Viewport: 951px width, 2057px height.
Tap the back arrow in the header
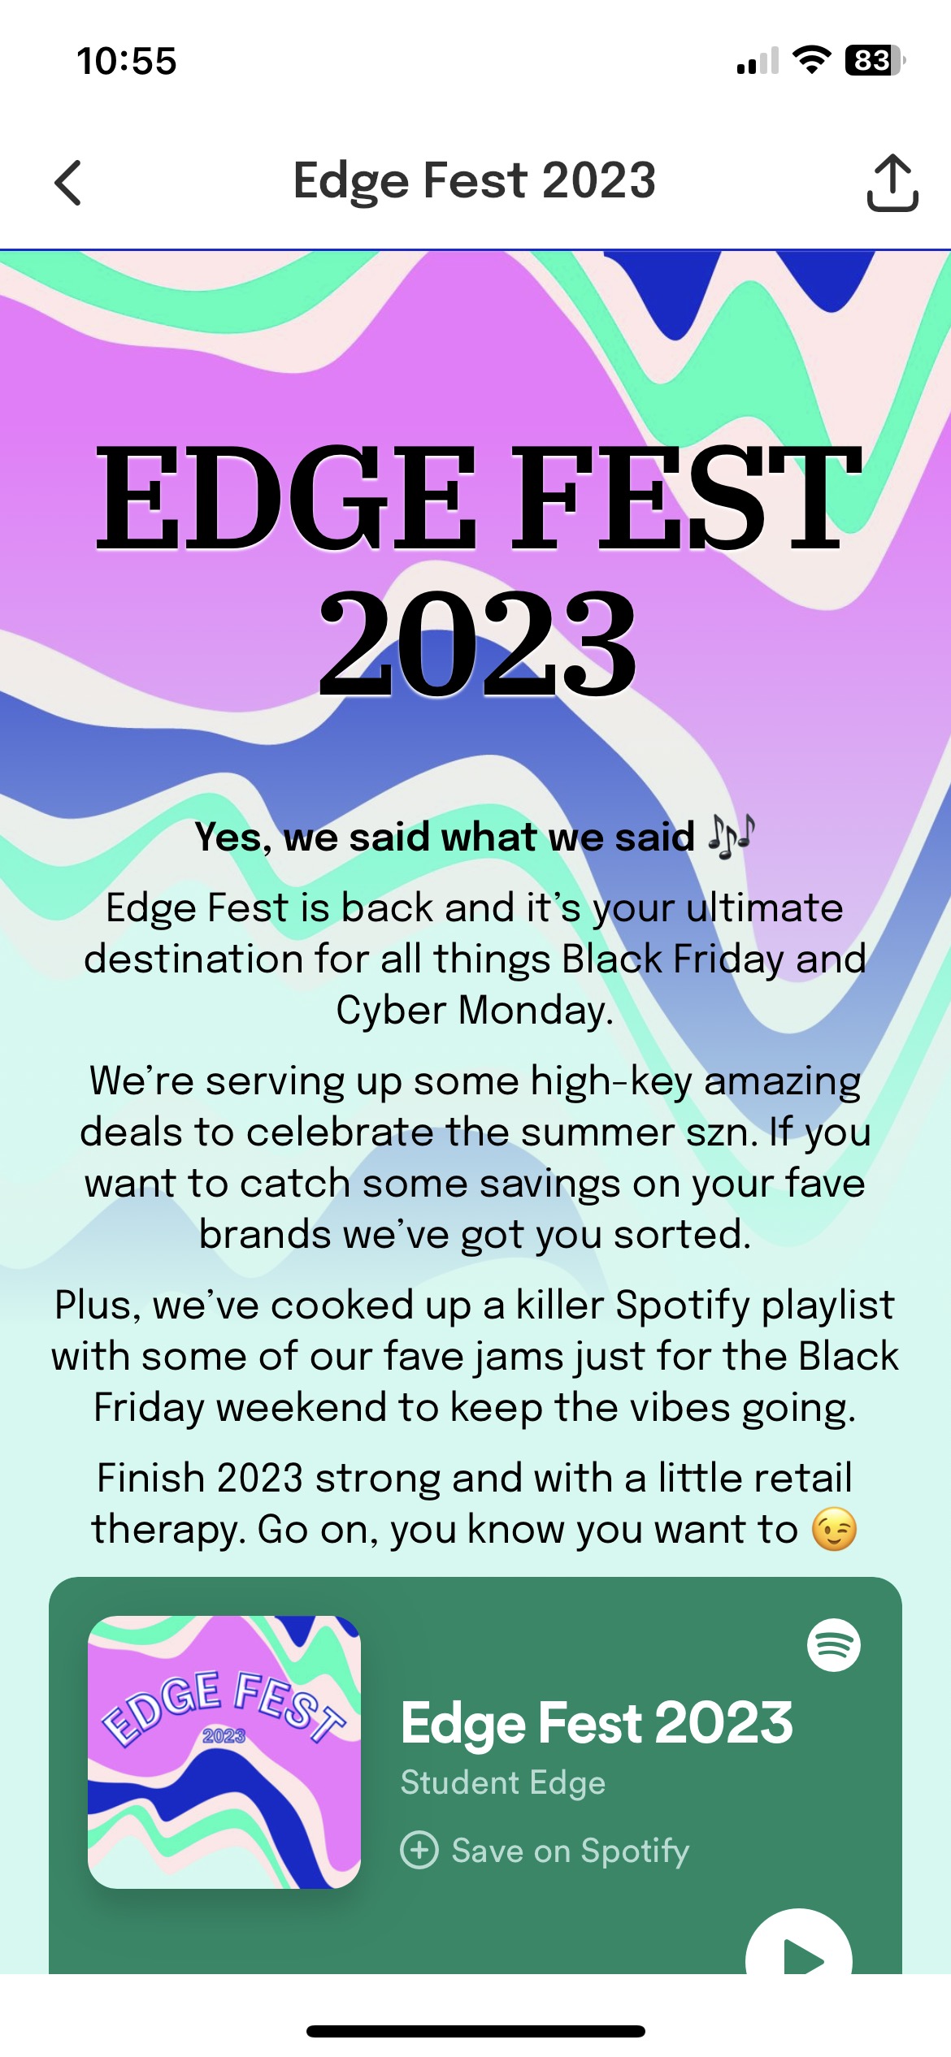point(69,182)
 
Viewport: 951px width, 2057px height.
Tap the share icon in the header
point(892,182)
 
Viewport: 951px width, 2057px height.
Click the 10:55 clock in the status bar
point(127,61)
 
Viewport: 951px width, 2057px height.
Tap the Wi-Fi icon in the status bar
point(810,60)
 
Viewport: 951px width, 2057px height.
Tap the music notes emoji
point(731,836)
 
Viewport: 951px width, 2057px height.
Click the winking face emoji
point(834,1529)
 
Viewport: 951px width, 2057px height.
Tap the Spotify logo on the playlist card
point(833,1644)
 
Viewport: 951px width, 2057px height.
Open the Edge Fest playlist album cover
point(224,1752)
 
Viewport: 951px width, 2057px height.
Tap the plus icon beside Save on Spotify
point(419,1851)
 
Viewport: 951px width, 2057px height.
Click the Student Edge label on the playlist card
point(503,1782)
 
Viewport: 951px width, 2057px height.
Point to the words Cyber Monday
point(475,1011)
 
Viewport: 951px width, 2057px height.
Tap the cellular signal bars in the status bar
point(757,61)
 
